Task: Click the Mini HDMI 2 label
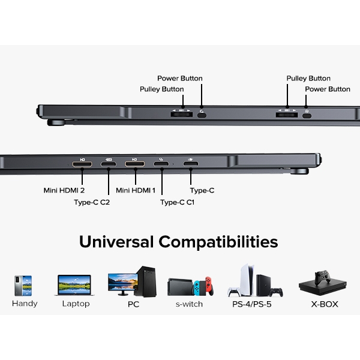click(x=64, y=190)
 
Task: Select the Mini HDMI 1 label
click(x=136, y=190)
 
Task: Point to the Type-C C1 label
click(x=178, y=202)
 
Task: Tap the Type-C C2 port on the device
click(x=109, y=163)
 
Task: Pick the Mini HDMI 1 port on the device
click(x=135, y=163)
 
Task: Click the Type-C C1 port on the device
click(x=161, y=163)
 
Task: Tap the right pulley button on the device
click(x=286, y=113)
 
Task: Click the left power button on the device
click(x=202, y=113)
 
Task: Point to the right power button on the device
click(x=307, y=113)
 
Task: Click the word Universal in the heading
click(x=116, y=242)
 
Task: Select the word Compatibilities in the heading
click(x=218, y=242)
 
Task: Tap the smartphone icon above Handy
click(x=23, y=286)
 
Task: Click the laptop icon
click(x=74, y=285)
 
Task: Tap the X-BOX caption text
click(x=324, y=304)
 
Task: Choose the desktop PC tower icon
click(x=146, y=282)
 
